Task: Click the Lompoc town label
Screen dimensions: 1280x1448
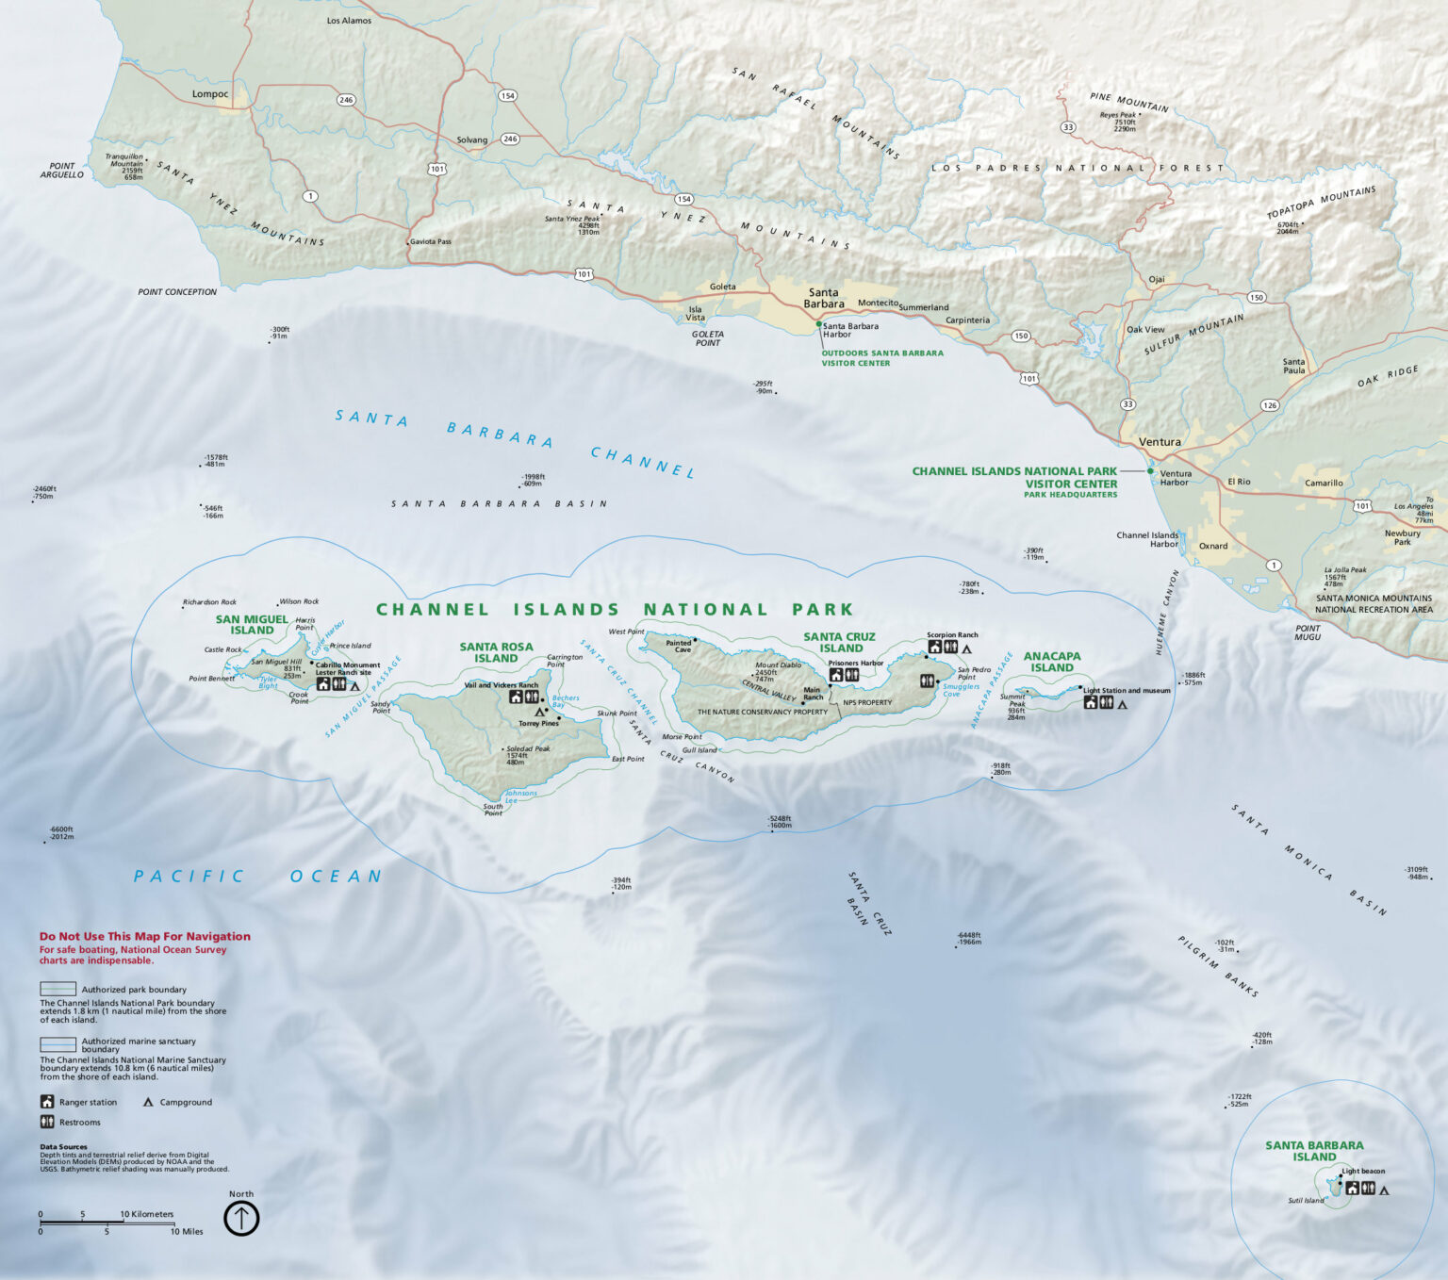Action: click(x=209, y=93)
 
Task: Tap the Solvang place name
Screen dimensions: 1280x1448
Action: click(x=472, y=139)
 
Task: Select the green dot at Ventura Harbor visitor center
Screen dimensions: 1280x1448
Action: click(x=1150, y=471)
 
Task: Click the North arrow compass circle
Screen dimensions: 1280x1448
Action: click(x=241, y=1218)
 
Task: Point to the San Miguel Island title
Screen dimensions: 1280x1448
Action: click(x=252, y=625)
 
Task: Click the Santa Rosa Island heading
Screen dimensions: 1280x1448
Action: click(x=496, y=652)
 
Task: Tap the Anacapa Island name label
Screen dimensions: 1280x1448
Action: click(x=1052, y=662)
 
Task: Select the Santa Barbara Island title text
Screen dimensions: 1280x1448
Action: click(x=1314, y=1151)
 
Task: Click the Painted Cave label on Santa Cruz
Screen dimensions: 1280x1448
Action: click(x=679, y=646)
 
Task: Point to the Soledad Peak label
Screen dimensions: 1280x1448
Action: click(x=528, y=749)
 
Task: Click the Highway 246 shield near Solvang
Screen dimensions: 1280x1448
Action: click(x=510, y=139)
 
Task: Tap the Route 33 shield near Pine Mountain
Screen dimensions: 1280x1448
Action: click(x=1067, y=127)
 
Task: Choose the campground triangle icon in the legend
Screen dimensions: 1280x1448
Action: click(x=148, y=1102)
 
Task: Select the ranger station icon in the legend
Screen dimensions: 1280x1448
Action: click(x=47, y=1102)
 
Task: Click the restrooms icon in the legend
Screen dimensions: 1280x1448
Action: click(x=47, y=1122)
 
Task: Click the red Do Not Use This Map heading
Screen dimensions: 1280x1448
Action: click(x=145, y=936)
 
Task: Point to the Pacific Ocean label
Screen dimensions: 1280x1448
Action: click(x=257, y=877)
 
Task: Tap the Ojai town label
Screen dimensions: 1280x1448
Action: click(x=1157, y=279)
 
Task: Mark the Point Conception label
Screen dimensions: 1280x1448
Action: click(x=177, y=292)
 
